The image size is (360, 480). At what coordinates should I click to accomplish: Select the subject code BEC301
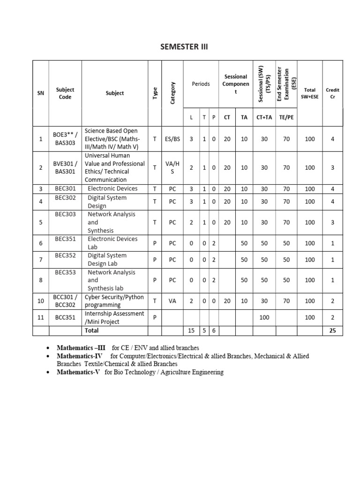[65, 188]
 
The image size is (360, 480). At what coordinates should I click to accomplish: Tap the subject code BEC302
[65, 198]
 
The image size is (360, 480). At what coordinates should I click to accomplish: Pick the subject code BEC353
[65, 272]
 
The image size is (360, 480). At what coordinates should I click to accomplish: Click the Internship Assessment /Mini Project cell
[115, 318]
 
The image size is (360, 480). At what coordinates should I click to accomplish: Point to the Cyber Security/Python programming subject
[115, 301]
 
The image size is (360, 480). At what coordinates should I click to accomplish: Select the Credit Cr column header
[332, 93]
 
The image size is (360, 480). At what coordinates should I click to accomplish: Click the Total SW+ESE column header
[309, 93]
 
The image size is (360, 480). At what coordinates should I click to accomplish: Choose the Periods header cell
[201, 84]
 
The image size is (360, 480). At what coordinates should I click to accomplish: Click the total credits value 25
[332, 331]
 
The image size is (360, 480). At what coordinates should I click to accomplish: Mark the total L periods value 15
[191, 331]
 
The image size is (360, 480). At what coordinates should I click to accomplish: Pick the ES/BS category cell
[172, 139]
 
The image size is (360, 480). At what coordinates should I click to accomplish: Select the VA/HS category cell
[172, 167]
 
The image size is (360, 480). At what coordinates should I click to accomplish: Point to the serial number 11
[41, 318]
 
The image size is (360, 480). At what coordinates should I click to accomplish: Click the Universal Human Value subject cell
[115, 167]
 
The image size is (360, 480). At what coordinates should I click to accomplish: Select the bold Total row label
[92, 331]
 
